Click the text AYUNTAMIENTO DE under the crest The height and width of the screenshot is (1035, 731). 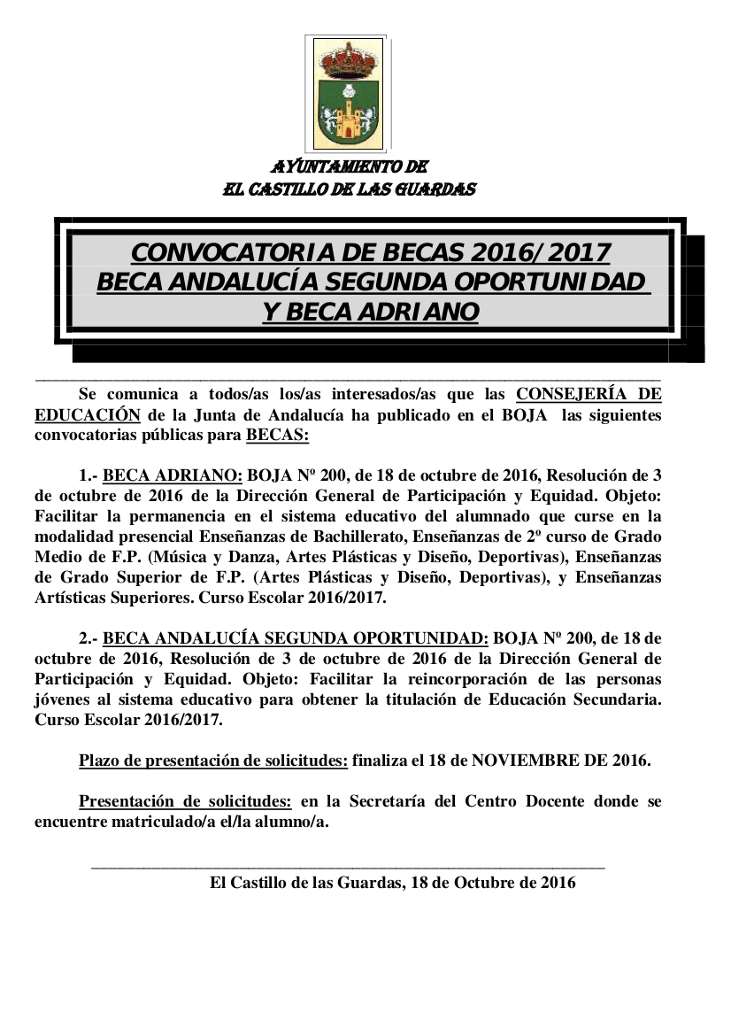pos(350,166)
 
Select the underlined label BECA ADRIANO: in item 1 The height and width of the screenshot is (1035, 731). pos(173,474)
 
